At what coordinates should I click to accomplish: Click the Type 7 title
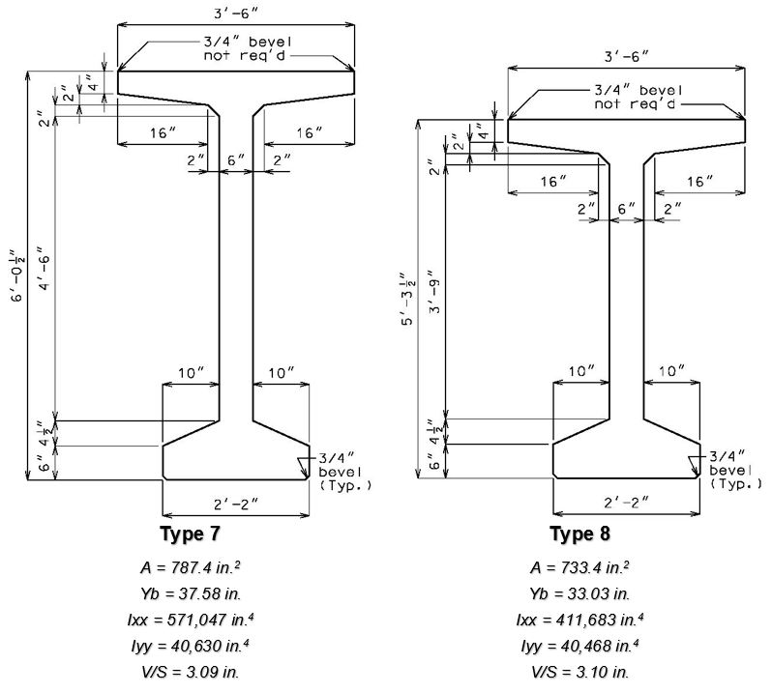click(190, 534)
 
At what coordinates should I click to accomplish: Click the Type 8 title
click(580, 534)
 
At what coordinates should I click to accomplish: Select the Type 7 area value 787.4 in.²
click(190, 567)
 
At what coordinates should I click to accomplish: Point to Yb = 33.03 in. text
click(580, 593)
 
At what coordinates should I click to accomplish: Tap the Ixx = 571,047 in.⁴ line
click(190, 620)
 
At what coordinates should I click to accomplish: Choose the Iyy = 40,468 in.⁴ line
click(580, 646)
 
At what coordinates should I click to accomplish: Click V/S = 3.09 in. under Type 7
click(190, 672)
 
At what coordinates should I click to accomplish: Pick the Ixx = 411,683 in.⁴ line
click(580, 620)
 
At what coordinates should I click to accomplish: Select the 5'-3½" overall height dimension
click(408, 299)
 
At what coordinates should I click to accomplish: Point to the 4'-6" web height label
click(44, 269)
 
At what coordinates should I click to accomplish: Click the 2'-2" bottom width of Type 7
click(235, 504)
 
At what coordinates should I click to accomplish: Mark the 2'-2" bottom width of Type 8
click(626, 503)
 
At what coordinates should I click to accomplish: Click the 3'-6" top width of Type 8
click(626, 57)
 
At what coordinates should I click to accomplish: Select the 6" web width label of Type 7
click(235, 160)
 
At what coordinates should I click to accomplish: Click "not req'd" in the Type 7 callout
click(244, 55)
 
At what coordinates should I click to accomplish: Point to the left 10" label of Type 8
click(581, 371)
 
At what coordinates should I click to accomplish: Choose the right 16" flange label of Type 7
click(309, 132)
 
